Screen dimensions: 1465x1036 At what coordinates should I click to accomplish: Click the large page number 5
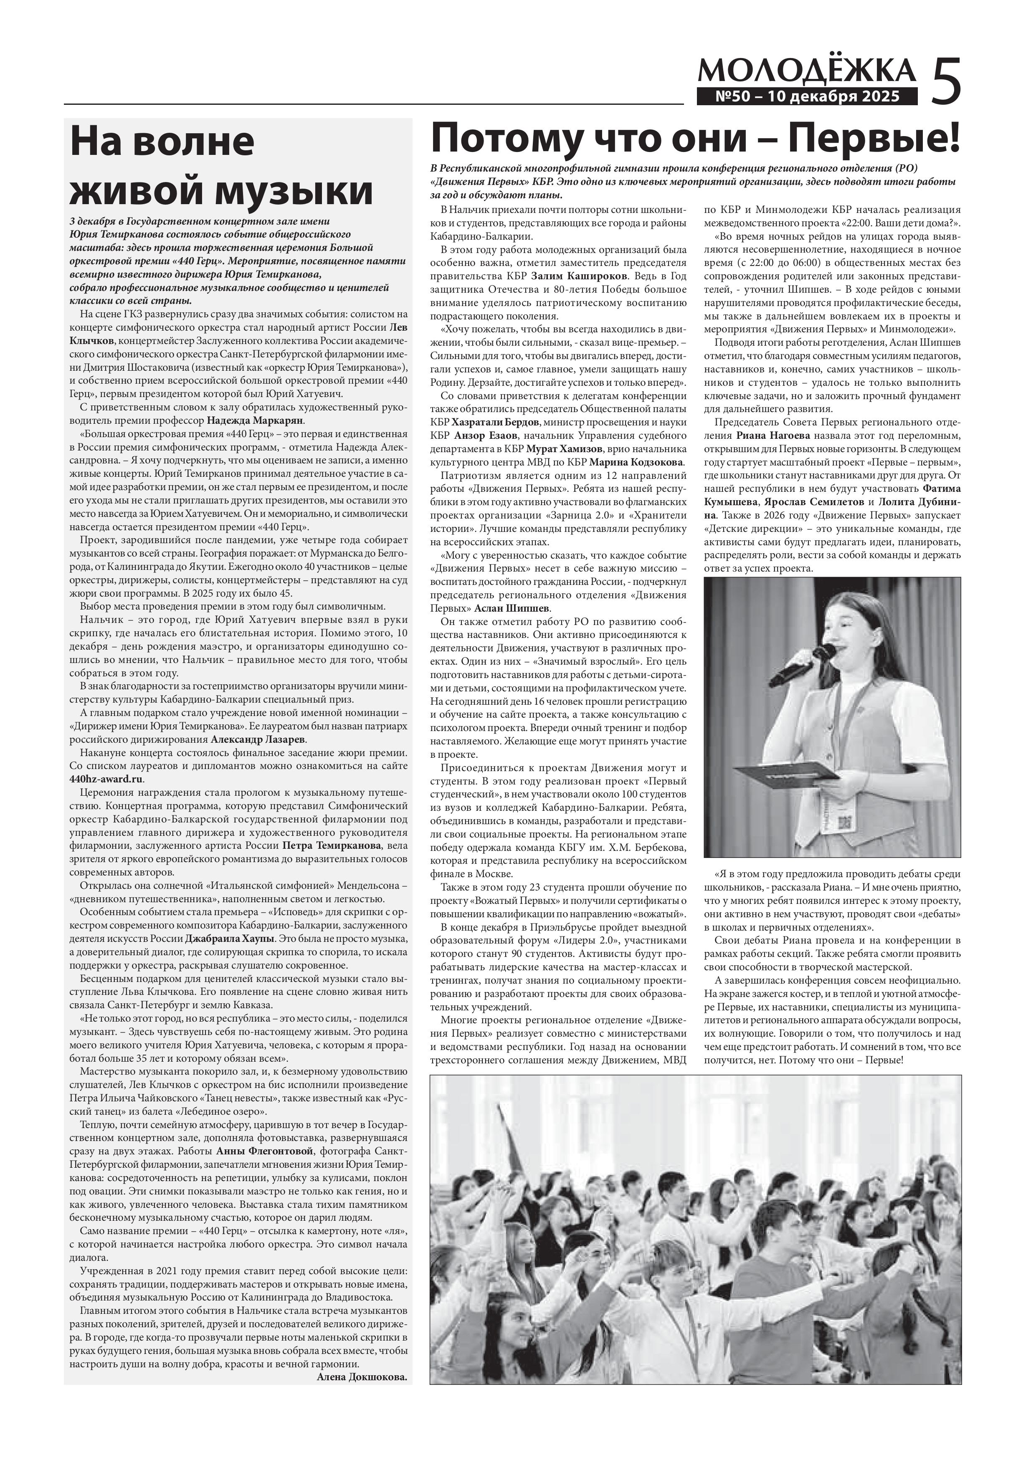pyautogui.click(x=946, y=81)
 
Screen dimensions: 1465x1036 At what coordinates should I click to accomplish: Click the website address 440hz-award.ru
pyautogui.click(x=106, y=779)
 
